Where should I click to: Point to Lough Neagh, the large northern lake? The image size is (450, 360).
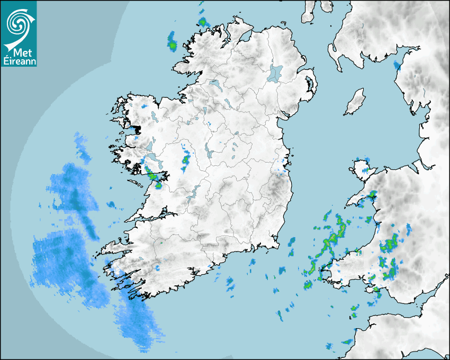click(x=275, y=73)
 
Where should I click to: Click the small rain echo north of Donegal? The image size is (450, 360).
click(x=202, y=22)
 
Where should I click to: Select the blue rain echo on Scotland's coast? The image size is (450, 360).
click(x=397, y=65)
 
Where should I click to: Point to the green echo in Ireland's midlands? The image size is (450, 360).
click(x=186, y=158)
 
